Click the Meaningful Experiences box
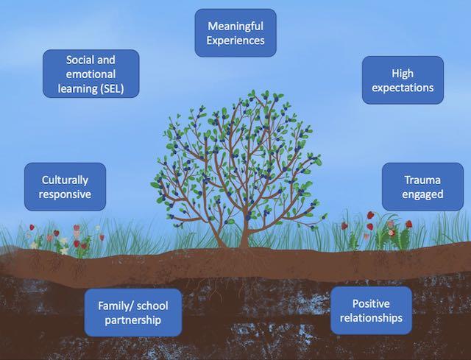pos(235,32)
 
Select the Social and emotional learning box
pos(91,74)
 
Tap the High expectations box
pos(403,80)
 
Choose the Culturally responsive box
pos(65,187)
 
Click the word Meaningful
pos(235,25)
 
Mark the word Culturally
pos(65,179)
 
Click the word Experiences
pos(235,40)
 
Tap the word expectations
pos(403,88)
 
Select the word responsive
pos(65,195)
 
